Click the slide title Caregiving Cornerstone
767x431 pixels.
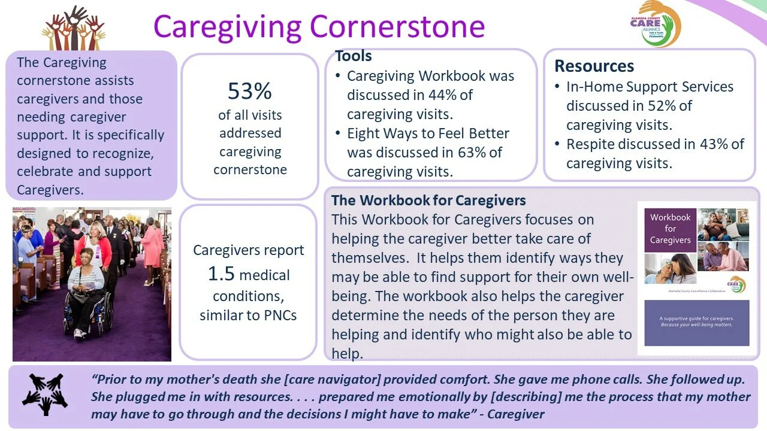pyautogui.click(x=319, y=26)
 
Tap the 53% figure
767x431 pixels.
pyautogui.click(x=250, y=91)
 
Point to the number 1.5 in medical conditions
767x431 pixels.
pyautogui.click(x=222, y=275)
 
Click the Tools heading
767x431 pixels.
pyautogui.click(x=354, y=56)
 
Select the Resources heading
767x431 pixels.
pyautogui.click(x=594, y=66)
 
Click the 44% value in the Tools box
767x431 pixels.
pyautogui.click(x=459, y=95)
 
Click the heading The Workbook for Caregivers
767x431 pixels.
pyautogui.click(x=428, y=200)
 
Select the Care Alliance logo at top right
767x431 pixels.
pyautogui.click(x=655, y=23)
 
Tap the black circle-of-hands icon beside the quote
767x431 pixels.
pyautogui.click(x=46, y=394)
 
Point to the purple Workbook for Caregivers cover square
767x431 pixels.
pyautogui.click(x=670, y=229)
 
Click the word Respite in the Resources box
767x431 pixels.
pyautogui.click(x=590, y=144)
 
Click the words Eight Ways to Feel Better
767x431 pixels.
pyautogui.click(x=428, y=133)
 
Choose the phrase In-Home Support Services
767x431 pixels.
pyautogui.click(x=650, y=87)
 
